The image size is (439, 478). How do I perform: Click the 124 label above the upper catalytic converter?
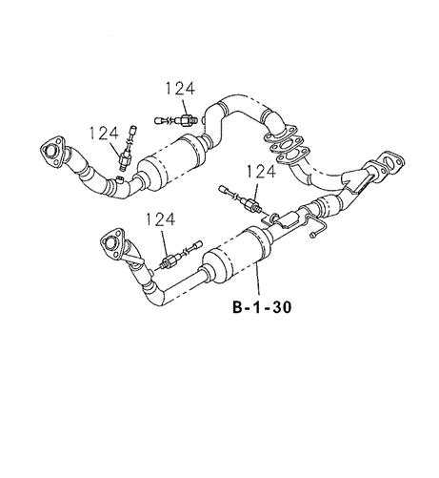[179, 89]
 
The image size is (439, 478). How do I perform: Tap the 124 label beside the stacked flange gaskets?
[263, 171]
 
